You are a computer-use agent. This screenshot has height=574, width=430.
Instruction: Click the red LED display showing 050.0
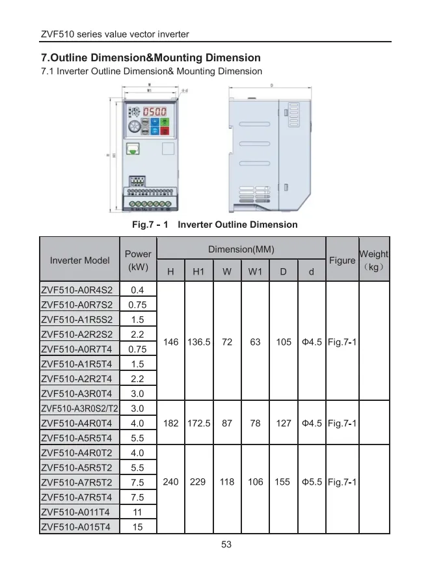pyautogui.click(x=154, y=112)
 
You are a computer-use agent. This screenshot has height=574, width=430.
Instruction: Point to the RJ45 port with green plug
pyautogui.click(x=134, y=148)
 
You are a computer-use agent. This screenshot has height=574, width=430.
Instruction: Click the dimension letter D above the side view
pyautogui.click(x=271, y=85)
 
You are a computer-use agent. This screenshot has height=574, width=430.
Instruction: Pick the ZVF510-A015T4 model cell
pyautogui.click(x=77, y=526)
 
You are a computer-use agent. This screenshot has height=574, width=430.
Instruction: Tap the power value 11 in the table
pyautogui.click(x=137, y=512)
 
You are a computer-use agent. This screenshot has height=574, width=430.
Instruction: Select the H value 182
pyautogui.click(x=171, y=423)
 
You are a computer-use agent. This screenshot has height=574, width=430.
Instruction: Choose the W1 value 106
pyautogui.click(x=256, y=482)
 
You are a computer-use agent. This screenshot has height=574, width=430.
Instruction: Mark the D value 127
pyautogui.click(x=284, y=423)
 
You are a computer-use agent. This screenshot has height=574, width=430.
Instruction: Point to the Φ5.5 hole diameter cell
pyautogui.click(x=312, y=482)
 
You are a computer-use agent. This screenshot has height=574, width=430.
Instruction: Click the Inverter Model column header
pyautogui.click(x=80, y=260)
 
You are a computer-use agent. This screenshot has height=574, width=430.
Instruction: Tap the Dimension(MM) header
pyautogui.click(x=241, y=249)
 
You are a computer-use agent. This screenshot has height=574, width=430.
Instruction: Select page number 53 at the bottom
pyautogui.click(x=226, y=545)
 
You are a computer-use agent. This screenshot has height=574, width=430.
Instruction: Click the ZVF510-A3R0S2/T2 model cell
pyautogui.click(x=79, y=409)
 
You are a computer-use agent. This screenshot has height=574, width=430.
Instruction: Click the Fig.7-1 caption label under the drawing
pyautogui.click(x=150, y=225)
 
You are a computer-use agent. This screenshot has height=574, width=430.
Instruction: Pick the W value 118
pyautogui.click(x=227, y=482)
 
